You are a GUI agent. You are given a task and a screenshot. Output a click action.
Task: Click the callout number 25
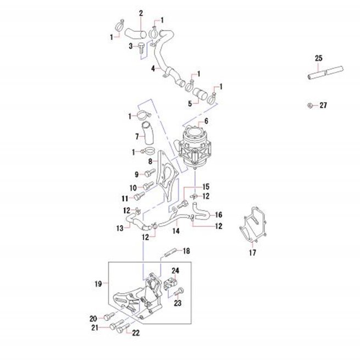[318, 58]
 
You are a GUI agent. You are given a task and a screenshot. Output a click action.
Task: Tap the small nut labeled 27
[310, 106]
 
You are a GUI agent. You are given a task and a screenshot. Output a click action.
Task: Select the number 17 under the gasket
[252, 253]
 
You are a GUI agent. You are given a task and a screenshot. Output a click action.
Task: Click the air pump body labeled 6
[195, 147]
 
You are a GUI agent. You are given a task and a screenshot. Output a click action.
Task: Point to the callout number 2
[141, 13]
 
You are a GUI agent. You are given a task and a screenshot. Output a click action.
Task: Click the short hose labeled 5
[200, 94]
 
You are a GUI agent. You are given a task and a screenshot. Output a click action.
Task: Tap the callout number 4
[153, 68]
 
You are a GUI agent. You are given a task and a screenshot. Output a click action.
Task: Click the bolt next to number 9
[150, 173]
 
